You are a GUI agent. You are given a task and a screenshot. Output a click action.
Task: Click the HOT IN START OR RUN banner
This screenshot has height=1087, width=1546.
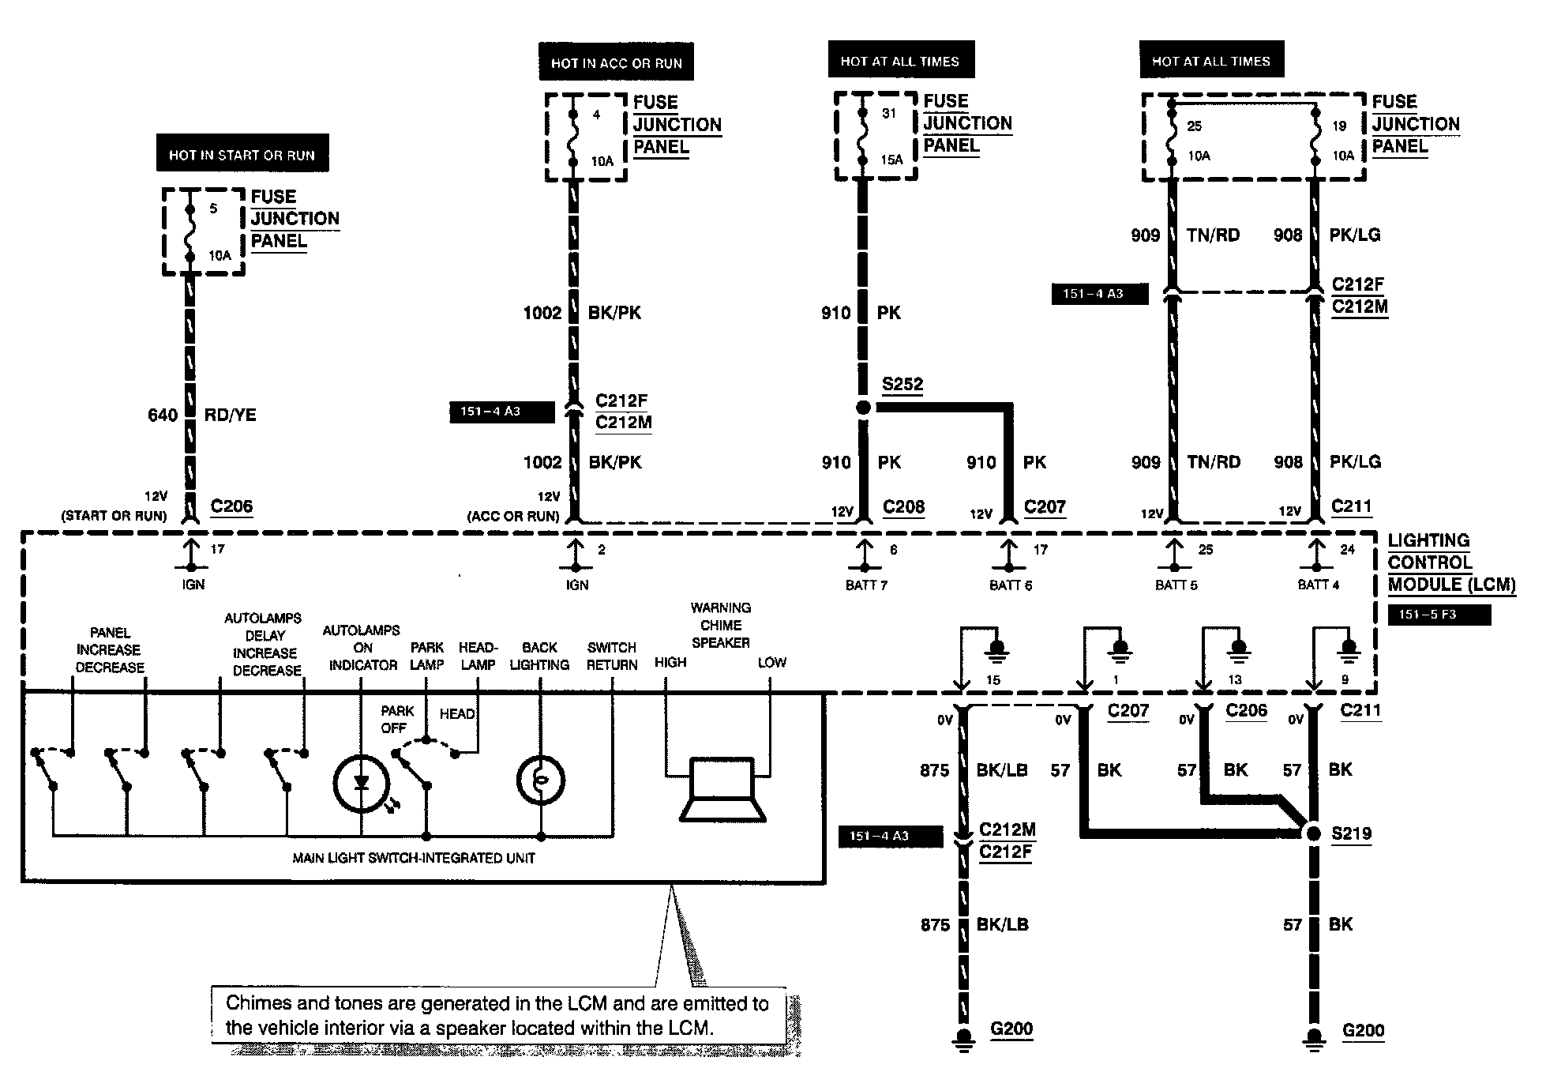pos(242,154)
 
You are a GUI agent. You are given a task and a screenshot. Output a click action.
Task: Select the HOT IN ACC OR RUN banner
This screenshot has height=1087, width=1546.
pos(616,62)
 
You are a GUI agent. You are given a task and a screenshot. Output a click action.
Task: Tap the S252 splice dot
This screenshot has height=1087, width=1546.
pos(864,408)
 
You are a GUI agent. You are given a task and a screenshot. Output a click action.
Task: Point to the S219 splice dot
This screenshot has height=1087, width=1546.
pos(1312,833)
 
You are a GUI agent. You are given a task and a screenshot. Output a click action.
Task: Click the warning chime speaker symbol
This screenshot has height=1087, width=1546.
pos(723,790)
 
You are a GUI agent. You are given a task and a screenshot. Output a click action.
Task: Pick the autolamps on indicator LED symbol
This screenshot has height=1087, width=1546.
pos(362,783)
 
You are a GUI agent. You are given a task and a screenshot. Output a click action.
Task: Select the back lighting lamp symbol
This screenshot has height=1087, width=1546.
pos(541,780)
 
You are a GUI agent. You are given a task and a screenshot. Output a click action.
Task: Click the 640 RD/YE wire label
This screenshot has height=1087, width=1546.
pos(202,415)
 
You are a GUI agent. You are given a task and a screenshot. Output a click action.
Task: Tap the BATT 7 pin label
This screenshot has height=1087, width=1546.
pos(866,585)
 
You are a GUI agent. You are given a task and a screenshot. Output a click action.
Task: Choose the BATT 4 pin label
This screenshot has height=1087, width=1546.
pos(1318,585)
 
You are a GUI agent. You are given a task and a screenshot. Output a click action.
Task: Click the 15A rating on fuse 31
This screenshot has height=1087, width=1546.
pos(891,160)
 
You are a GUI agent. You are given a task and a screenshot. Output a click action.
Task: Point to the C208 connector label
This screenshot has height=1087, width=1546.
pos(903,507)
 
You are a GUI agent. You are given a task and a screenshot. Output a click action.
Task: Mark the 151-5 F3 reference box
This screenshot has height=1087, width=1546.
pos(1439,614)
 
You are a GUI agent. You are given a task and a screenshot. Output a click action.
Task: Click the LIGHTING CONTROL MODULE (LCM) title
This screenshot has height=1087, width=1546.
pos(1451,562)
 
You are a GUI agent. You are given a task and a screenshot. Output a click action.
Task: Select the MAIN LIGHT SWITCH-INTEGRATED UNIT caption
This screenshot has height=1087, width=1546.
pos(414,858)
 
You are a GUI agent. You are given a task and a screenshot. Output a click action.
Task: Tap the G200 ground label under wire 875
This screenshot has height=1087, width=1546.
pos(1011,1029)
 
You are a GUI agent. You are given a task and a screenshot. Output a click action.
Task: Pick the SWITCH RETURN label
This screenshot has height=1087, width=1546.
pos(612,656)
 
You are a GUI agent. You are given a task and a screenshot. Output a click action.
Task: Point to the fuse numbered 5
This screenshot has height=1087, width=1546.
pos(189,232)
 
